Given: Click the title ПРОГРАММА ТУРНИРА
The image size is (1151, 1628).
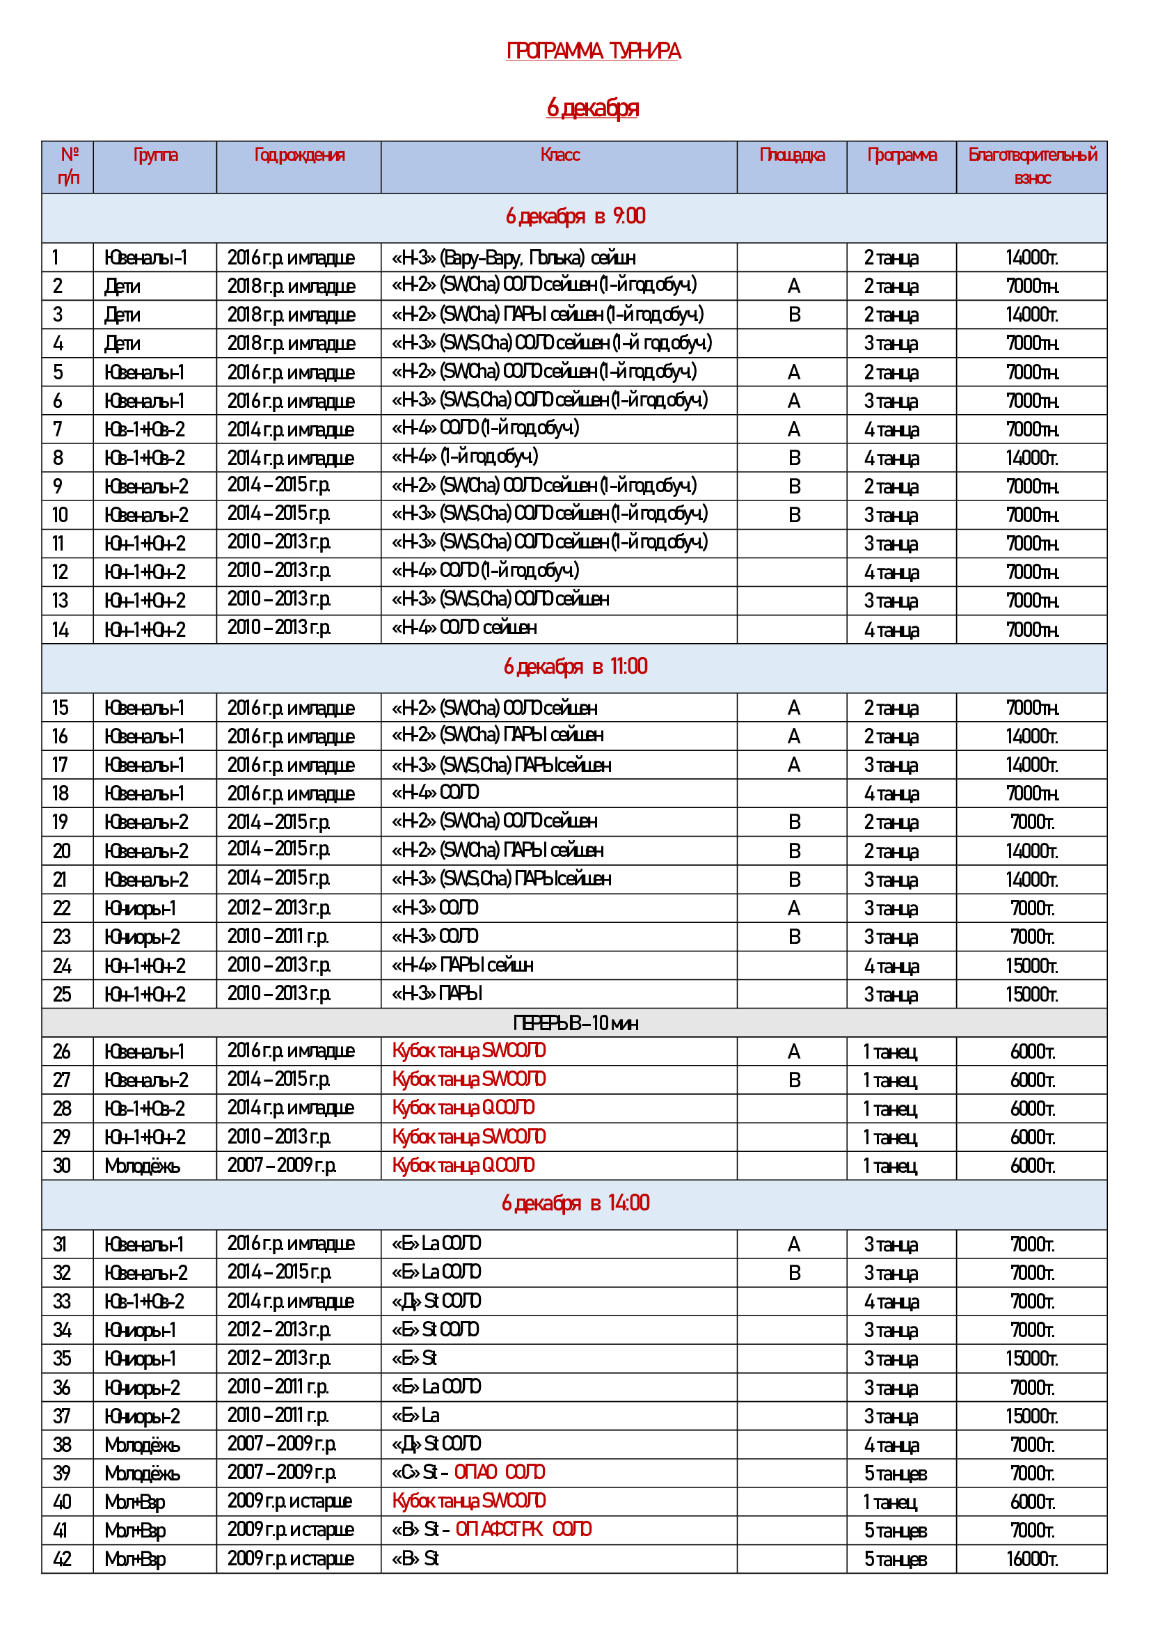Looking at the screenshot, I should (593, 51).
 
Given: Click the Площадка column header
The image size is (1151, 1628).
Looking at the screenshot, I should (792, 155).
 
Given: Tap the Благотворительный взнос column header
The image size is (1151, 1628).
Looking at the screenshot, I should (1032, 166).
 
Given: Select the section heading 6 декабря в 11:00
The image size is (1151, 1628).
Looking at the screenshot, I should (575, 667).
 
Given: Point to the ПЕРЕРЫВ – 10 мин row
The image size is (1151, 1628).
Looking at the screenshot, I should (575, 1023).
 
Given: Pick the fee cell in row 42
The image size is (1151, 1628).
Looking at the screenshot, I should (1032, 1559).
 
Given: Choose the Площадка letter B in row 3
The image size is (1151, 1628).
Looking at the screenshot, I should (795, 315).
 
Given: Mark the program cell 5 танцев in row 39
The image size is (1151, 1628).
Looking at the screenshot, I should (895, 1473).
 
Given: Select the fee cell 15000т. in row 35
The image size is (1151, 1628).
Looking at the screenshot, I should (1032, 1359).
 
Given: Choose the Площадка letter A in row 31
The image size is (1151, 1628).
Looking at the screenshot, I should (794, 1244).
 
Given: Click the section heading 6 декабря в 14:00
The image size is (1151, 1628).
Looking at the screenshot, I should (575, 1203).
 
